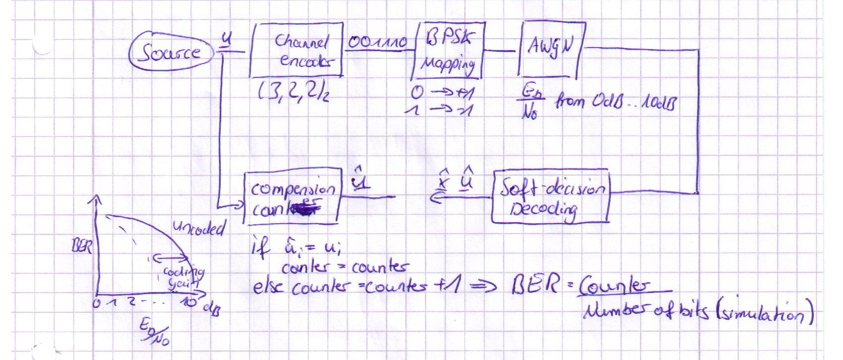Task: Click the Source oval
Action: (x=169, y=52)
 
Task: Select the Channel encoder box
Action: (x=298, y=51)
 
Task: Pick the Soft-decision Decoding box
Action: (x=550, y=197)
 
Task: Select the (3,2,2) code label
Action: (x=292, y=92)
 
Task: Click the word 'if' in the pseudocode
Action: (x=261, y=247)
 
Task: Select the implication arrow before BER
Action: (x=491, y=287)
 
